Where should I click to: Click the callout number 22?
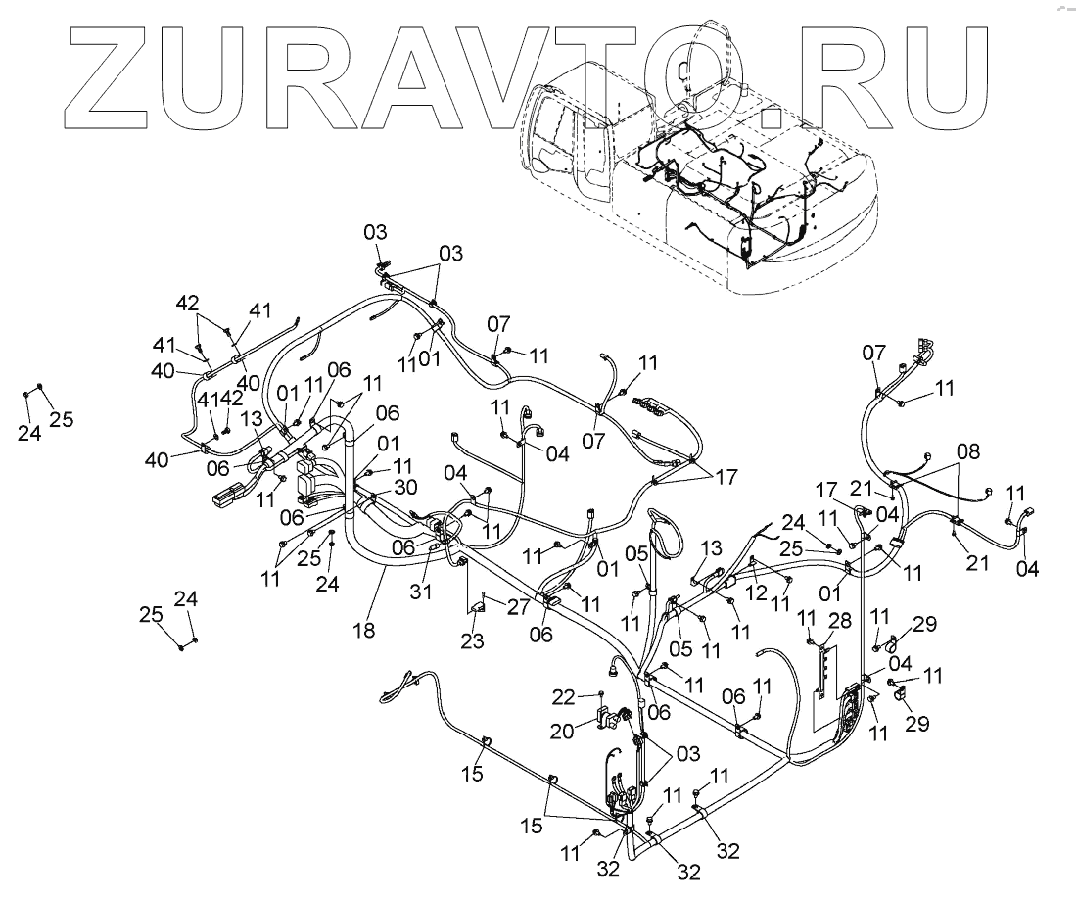pyautogui.click(x=563, y=696)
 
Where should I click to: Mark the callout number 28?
pyautogui.click(x=838, y=620)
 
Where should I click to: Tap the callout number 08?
pyautogui.click(x=967, y=453)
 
